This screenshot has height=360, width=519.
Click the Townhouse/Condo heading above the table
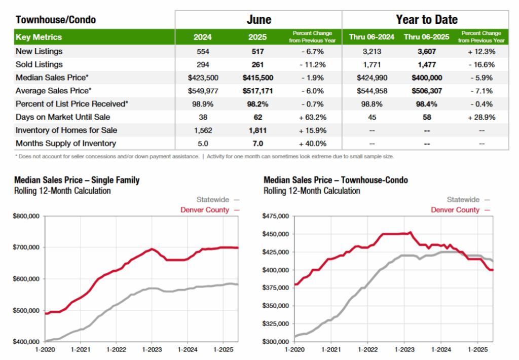[56, 20]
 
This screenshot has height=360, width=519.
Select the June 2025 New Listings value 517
[258, 51]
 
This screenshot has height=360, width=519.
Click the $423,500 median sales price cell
[203, 78]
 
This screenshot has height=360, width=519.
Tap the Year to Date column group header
[426, 20]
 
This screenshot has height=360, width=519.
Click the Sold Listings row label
[40, 64]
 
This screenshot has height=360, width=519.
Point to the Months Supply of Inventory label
[66, 143]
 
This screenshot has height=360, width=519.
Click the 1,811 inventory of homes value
[258, 130]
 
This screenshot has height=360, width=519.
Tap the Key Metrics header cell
[39, 37]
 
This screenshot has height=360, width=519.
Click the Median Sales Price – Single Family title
[77, 180]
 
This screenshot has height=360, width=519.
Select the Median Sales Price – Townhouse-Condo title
[336, 180]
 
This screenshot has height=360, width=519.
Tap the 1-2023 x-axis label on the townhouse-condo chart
[403, 350]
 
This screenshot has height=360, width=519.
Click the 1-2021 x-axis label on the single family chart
[81, 350]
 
